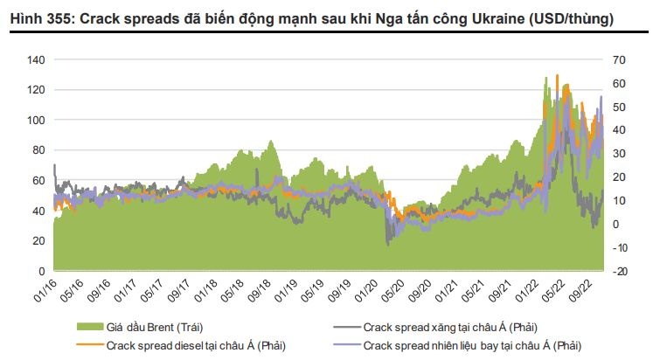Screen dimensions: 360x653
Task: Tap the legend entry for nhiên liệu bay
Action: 472,345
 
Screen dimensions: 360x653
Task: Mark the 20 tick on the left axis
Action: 37,241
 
